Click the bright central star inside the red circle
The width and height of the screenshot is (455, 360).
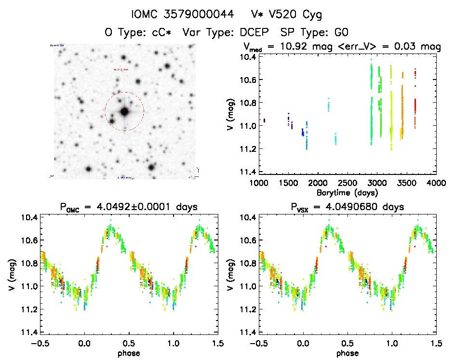point(124,111)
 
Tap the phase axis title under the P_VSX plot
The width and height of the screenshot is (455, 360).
point(347,353)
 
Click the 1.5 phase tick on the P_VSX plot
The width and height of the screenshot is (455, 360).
point(436,343)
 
